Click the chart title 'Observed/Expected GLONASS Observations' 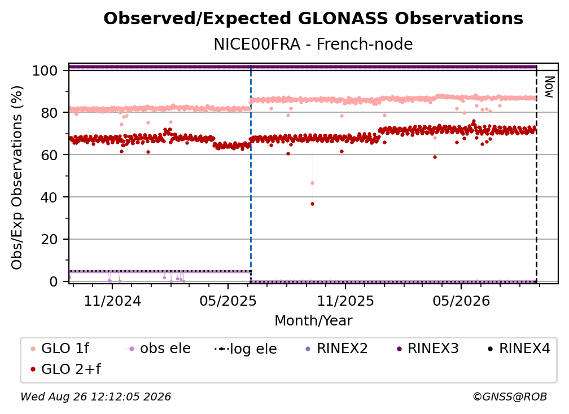[x=313, y=19]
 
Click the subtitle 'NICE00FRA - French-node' [x=313, y=44]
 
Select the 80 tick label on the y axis [x=49, y=113]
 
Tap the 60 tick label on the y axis [x=49, y=155]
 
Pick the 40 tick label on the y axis [x=49, y=197]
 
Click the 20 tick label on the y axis [x=49, y=240]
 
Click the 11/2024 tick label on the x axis [x=112, y=301]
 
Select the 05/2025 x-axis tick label [x=228, y=301]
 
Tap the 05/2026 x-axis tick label [x=461, y=301]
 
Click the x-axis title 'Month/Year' [x=313, y=320]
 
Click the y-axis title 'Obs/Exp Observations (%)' [x=17, y=178]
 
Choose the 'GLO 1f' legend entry [x=60, y=349]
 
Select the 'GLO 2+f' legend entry [x=65, y=369]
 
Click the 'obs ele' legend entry [x=157, y=349]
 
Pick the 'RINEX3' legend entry [x=428, y=349]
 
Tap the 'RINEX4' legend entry [x=519, y=349]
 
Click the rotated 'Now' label [x=549, y=87]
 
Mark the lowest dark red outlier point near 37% [x=313, y=204]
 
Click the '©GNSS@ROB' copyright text [x=510, y=397]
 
